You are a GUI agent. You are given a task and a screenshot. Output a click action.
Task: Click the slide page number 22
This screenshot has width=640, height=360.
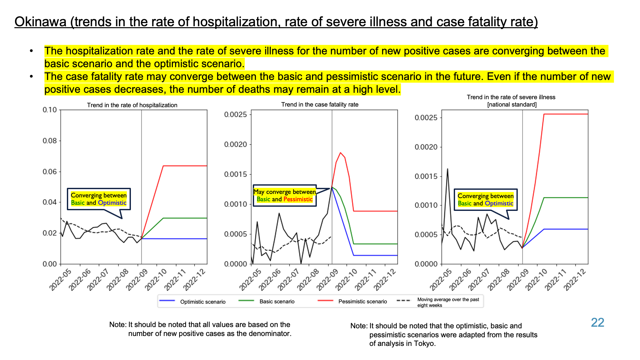point(597,323)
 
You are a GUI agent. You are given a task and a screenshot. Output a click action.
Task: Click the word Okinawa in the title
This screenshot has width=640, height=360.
point(40,22)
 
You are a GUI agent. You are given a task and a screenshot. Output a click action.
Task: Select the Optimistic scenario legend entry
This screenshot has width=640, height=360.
point(192,301)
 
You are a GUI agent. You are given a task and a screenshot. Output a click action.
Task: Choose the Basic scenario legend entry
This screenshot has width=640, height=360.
point(267,301)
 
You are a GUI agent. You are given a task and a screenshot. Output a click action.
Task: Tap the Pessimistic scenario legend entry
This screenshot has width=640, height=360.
point(352,301)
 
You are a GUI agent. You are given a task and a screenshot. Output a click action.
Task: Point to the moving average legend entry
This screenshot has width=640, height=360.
point(438,302)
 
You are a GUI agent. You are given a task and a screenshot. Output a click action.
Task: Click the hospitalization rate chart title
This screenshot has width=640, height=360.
point(132,105)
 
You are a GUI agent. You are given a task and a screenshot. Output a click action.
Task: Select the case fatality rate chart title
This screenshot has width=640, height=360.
point(320,104)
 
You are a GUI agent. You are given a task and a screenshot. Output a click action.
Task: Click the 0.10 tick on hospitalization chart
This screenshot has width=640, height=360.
point(50,110)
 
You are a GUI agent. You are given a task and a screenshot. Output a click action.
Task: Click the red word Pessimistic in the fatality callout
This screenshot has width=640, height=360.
point(298,199)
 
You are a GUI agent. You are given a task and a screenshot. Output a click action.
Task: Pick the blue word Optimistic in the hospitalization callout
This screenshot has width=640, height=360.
point(112,203)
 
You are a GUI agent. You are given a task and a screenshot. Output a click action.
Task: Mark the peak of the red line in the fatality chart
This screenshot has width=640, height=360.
point(340,153)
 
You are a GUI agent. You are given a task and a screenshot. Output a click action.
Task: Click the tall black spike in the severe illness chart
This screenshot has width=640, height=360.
point(447,169)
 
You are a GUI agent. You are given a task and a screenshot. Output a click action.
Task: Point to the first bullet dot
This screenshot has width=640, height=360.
point(31,51)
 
